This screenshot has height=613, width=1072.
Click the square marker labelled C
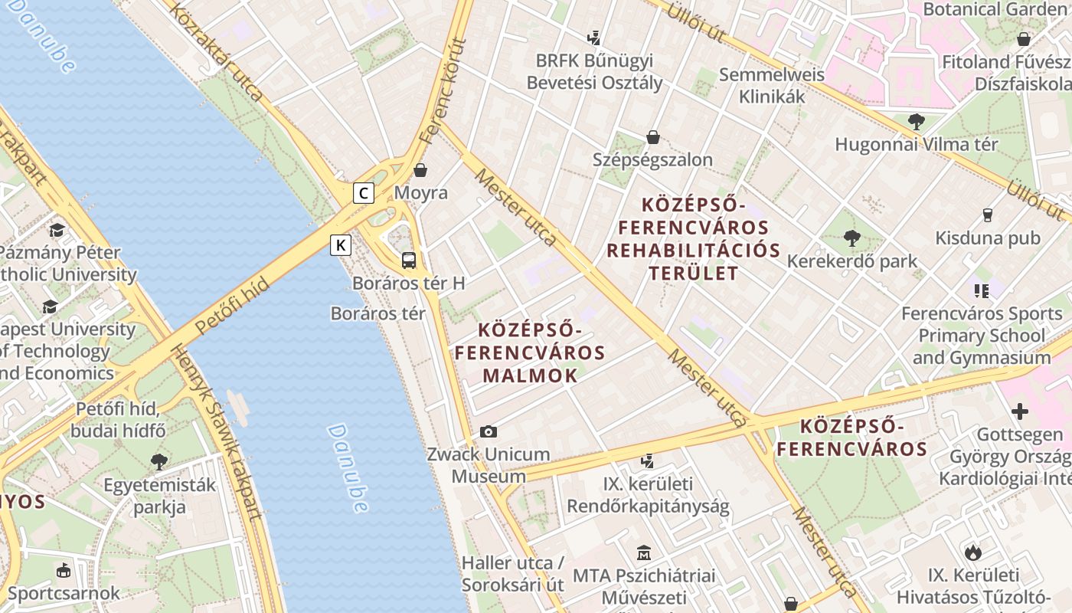(364, 193)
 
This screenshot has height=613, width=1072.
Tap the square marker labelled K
(341, 245)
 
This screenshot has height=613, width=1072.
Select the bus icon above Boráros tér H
(409, 260)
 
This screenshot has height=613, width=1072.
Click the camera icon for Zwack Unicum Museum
(488, 432)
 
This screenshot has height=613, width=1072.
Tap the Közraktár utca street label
(216, 52)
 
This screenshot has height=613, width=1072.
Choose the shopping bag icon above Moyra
(420, 169)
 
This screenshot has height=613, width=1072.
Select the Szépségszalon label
(652, 159)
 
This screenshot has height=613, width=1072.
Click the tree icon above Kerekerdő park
(851, 238)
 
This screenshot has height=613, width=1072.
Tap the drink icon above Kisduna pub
(988, 215)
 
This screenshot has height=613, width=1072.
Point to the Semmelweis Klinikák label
(772, 85)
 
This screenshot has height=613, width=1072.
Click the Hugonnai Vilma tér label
(916, 144)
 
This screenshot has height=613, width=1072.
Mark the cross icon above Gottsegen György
(1019, 411)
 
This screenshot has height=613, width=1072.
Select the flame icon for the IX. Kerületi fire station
(972, 552)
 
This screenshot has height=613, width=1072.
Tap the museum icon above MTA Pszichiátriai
(643, 552)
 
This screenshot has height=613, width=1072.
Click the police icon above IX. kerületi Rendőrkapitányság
(648, 461)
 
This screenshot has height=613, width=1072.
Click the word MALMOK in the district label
(530, 375)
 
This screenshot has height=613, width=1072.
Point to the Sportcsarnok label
(64, 593)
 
